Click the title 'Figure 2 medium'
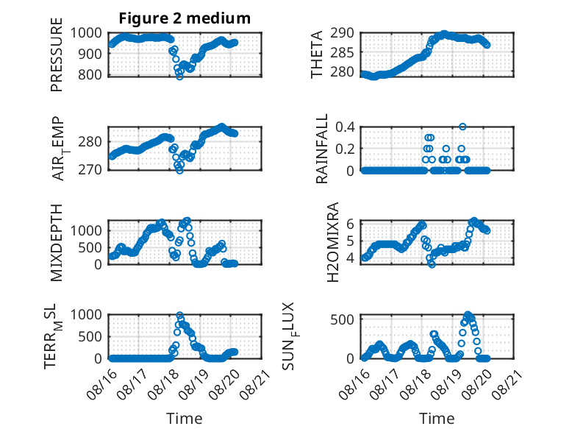pyautogui.click(x=185, y=18)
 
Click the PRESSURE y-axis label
pyautogui.click(x=57, y=54)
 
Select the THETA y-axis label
pyautogui.click(x=317, y=54)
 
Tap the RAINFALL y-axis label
pyautogui.click(x=322, y=149)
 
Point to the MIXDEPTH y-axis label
pyautogui.click(x=57, y=243)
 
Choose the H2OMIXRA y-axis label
pyautogui.click(x=333, y=242)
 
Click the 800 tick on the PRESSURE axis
pyautogui.click(x=91, y=74)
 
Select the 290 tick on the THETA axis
pyautogui.click(x=342, y=33)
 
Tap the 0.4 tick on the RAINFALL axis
pyautogui.click(x=345, y=127)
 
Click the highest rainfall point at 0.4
pyautogui.click(x=462, y=127)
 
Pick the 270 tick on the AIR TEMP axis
pyautogui.click(x=90, y=169)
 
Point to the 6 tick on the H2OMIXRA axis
pyautogui.click(x=350, y=224)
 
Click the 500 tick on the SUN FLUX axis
pyautogui.click(x=342, y=319)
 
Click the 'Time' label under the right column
pyautogui.click(x=437, y=418)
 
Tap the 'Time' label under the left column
pyautogui.click(x=185, y=418)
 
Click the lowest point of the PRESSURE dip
pyautogui.click(x=179, y=77)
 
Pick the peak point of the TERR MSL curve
pyautogui.click(x=179, y=315)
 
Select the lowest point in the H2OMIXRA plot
pyautogui.click(x=432, y=265)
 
